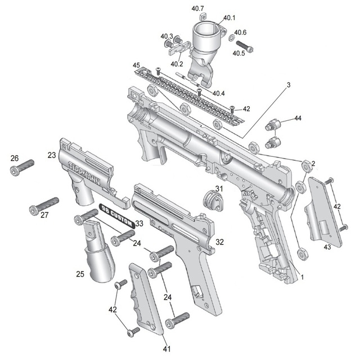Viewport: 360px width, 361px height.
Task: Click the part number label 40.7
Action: point(197,8)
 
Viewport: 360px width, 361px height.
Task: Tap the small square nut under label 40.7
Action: point(202,17)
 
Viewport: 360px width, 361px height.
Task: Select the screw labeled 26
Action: point(22,168)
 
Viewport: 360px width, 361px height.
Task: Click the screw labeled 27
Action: point(44,206)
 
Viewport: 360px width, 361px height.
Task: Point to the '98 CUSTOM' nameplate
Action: point(117,216)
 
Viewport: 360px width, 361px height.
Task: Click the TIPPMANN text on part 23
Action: point(84,173)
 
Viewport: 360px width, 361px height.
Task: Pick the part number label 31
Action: point(219,189)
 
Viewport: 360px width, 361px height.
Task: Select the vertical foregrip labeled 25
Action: point(98,251)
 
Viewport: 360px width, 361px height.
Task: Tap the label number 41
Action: point(166,349)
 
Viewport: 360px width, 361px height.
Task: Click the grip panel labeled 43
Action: point(323,211)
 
